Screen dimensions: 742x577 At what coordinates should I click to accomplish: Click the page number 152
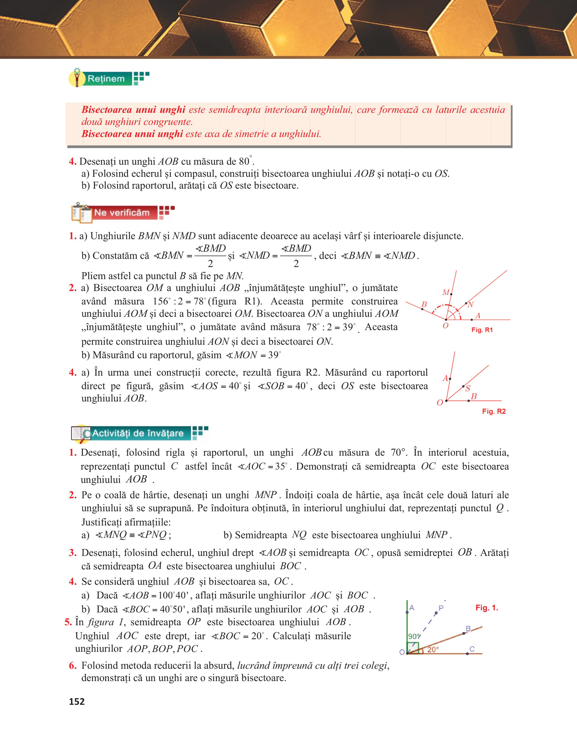pyautogui.click(x=77, y=702)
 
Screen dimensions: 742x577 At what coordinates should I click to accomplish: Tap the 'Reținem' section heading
pyautogui.click(x=106, y=79)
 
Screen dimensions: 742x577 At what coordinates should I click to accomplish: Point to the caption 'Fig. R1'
pyautogui.click(x=482, y=330)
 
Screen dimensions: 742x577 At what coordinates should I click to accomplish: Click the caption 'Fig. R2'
pyautogui.click(x=494, y=411)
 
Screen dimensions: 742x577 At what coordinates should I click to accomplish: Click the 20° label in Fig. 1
pyautogui.click(x=433, y=650)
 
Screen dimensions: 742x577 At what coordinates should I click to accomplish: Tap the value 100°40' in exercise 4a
pyautogui.click(x=171, y=595)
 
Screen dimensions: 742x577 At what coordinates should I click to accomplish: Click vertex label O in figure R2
pyautogui.click(x=440, y=403)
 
